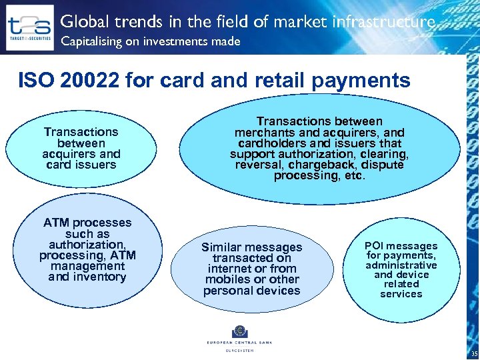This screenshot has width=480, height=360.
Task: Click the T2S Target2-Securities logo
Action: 29,28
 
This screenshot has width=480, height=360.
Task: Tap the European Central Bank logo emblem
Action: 239,331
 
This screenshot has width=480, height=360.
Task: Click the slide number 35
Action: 474,354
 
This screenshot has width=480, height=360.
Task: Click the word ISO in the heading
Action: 34,81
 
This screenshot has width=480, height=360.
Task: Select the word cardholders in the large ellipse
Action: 271,143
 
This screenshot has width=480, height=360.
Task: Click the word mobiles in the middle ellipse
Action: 224,279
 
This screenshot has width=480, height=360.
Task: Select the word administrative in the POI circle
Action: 401,265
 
